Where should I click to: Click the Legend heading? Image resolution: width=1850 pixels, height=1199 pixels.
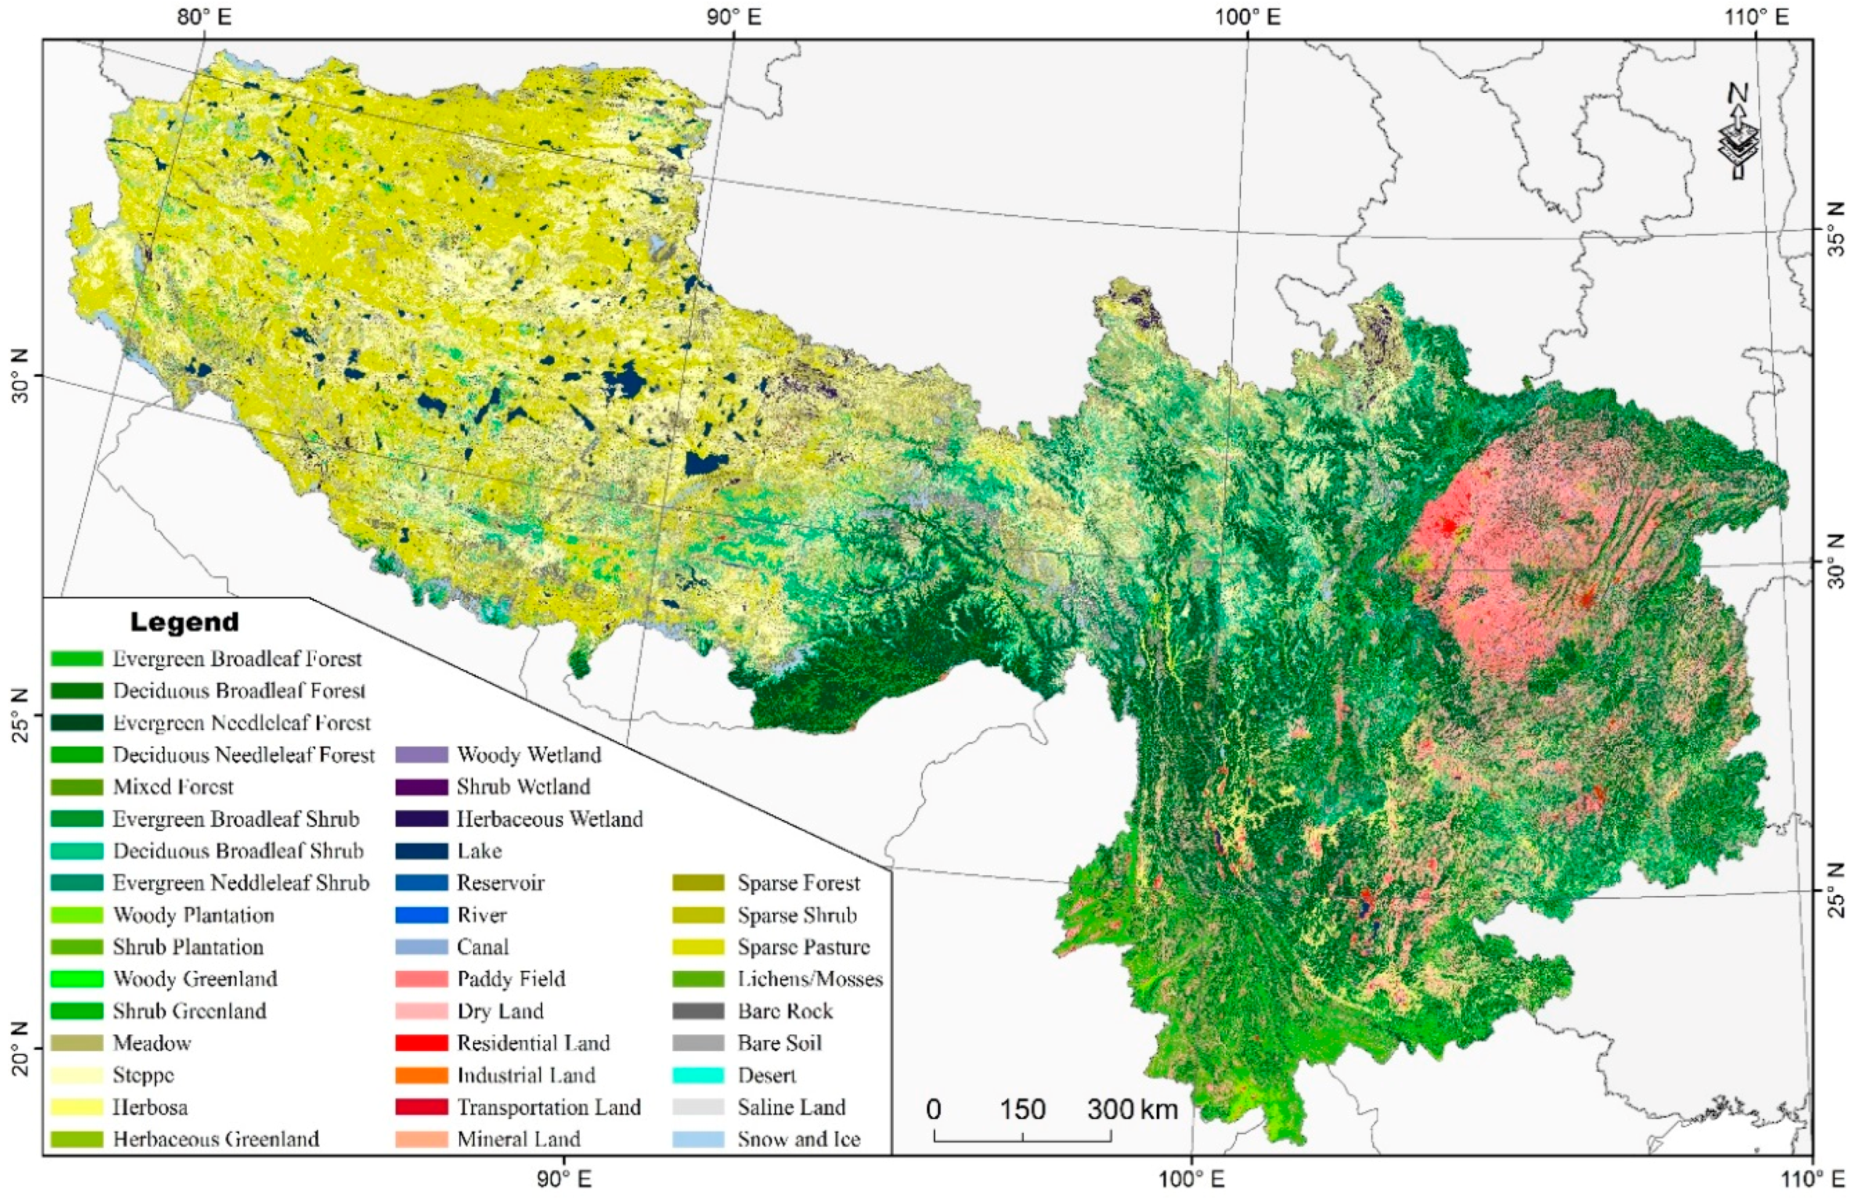[185, 622]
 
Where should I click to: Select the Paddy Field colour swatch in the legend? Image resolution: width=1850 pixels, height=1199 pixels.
[421, 979]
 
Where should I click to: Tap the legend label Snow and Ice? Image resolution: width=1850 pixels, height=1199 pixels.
[799, 1140]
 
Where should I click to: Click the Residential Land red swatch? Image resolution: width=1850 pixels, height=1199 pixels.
[421, 1043]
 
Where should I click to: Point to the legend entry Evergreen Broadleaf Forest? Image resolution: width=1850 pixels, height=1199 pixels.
[237, 659]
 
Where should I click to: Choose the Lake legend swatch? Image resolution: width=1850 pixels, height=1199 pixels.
[421, 851]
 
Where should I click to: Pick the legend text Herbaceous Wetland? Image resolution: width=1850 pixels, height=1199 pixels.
[549, 819]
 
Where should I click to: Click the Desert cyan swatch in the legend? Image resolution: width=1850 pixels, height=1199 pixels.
[698, 1076]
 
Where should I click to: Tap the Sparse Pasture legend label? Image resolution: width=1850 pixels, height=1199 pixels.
[803, 947]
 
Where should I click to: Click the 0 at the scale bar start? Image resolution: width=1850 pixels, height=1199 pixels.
[934, 1110]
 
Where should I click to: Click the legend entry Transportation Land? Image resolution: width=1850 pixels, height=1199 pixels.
[548, 1107]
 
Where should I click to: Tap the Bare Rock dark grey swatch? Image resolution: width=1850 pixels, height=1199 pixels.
[698, 1011]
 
